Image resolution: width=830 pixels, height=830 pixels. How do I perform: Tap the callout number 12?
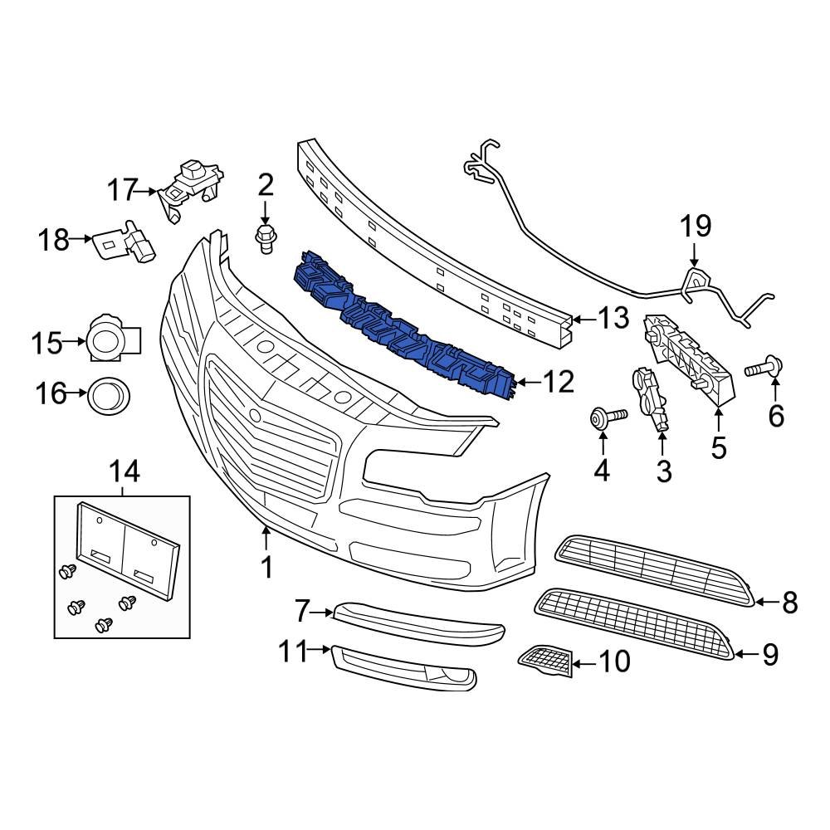click(559, 382)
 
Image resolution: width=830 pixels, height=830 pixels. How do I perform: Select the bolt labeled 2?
click(265, 237)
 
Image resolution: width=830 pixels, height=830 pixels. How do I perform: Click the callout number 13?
click(614, 319)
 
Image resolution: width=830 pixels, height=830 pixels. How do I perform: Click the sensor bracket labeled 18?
click(124, 242)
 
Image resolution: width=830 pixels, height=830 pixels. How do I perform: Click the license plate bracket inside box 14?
click(124, 549)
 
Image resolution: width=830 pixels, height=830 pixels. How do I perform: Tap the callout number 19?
click(696, 225)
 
